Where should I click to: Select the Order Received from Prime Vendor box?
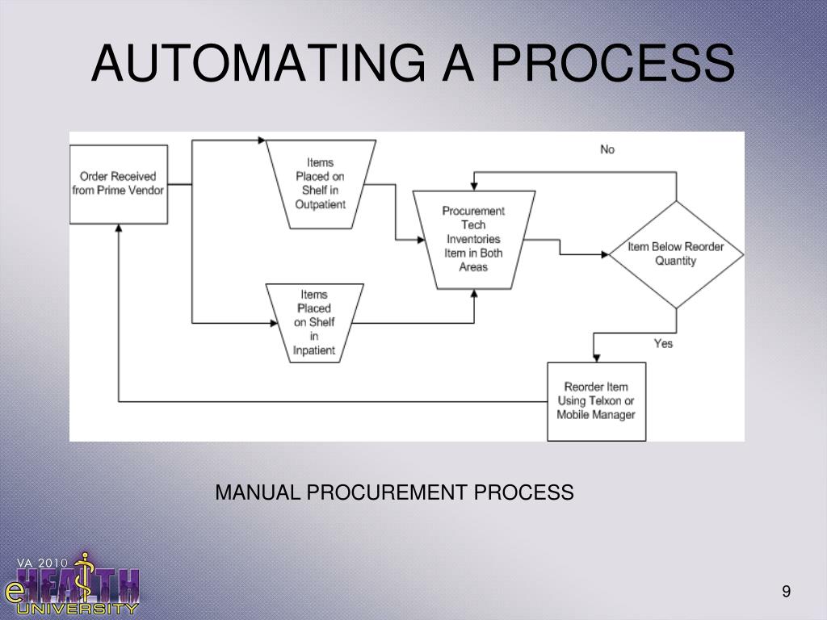tap(119, 183)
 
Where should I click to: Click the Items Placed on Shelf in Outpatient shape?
tap(320, 184)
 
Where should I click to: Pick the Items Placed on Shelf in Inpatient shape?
tap(314, 323)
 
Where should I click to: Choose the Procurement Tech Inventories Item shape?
tap(473, 239)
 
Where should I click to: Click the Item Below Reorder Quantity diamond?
tap(676, 253)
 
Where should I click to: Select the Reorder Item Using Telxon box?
tap(596, 400)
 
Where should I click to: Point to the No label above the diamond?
tap(607, 149)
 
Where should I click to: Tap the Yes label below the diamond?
tap(663, 343)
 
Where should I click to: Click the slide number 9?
tap(786, 593)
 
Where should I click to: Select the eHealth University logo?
tap(73, 584)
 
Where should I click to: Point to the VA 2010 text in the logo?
tap(43, 562)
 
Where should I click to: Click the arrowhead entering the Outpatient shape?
tap(262, 140)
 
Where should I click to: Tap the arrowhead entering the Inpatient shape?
tap(272, 323)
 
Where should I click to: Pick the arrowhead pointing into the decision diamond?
tap(604, 253)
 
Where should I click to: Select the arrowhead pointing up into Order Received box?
tap(119, 229)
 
